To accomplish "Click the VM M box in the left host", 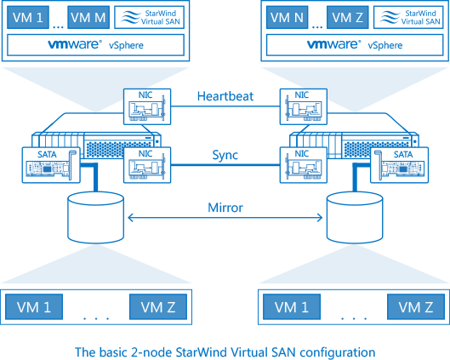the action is pos(88,18).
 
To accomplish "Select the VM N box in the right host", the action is pos(287,18).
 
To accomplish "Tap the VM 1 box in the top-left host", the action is pos(28,18).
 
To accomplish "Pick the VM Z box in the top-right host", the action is pos(348,18).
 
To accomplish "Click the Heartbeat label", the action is pos(225,96).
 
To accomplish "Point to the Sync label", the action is pos(225,155).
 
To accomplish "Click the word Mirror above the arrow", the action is pos(225,208).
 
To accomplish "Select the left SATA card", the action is pos(51,165).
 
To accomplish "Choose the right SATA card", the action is pos(399,165).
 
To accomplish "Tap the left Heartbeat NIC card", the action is pos(147,106).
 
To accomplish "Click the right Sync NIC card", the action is pos(304,165).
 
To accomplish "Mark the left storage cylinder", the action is pos(95,218).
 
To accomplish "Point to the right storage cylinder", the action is pos(355,218).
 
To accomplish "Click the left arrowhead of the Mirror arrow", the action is pos(128,218).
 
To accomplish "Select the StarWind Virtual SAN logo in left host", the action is pos(149,18).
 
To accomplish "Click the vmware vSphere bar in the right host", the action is pos(355,45).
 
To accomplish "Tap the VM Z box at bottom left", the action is pos(158,306).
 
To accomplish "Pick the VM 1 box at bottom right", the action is pos(292,306).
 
